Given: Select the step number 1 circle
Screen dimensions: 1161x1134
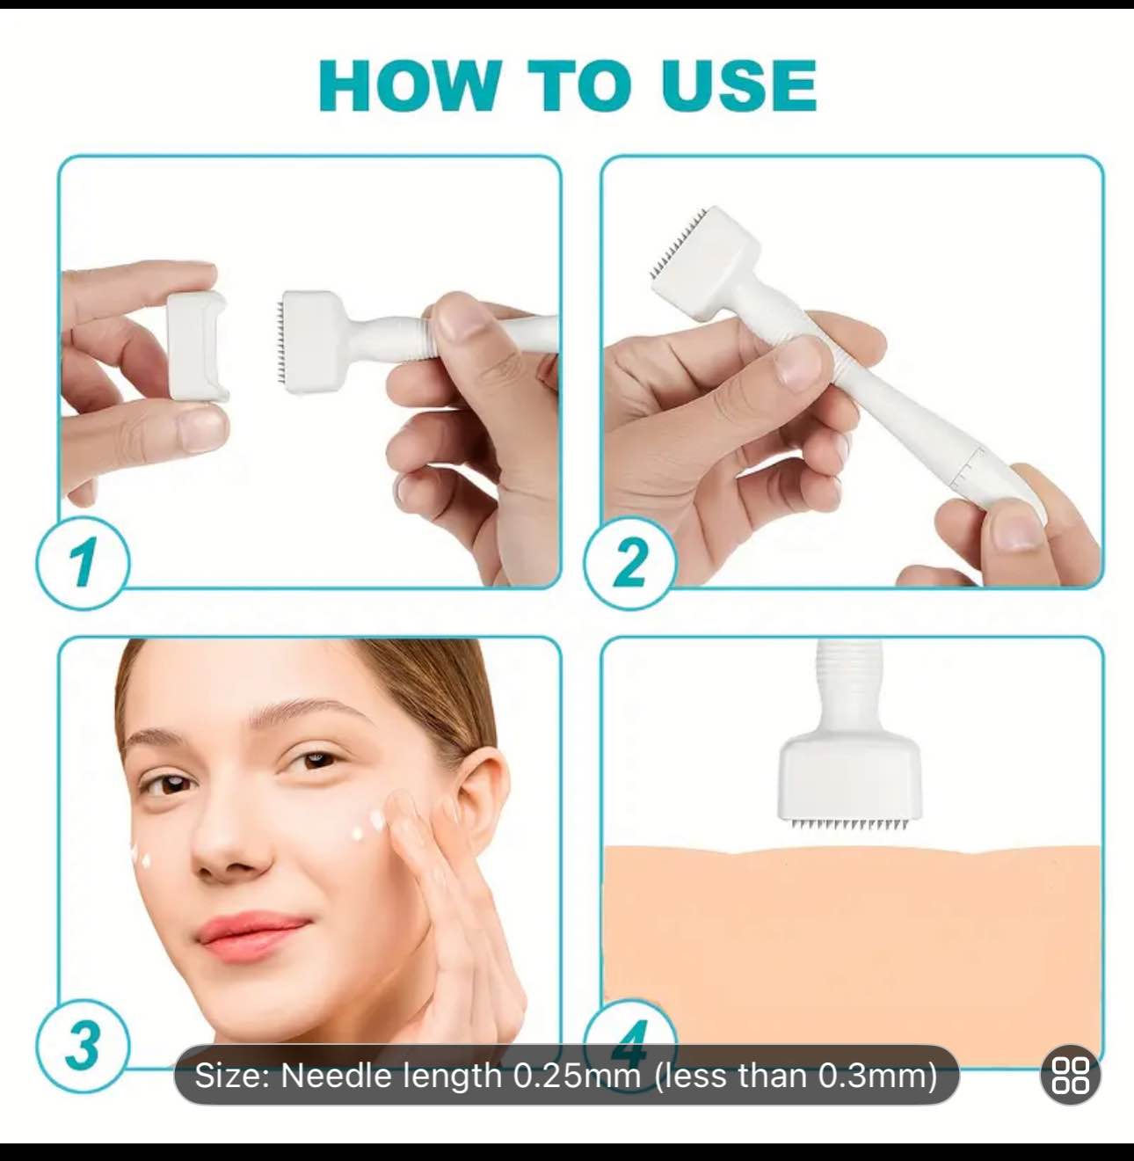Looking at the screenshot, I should click(x=83, y=563).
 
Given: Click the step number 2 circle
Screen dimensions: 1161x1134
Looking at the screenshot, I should click(x=630, y=563).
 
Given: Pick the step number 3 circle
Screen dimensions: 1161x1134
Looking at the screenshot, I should click(x=83, y=1045).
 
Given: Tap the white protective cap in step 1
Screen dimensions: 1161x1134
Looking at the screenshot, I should click(x=197, y=347).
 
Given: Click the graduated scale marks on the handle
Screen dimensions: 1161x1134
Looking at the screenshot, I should click(x=967, y=466).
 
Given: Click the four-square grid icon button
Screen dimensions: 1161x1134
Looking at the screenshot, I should click(x=1070, y=1075).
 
